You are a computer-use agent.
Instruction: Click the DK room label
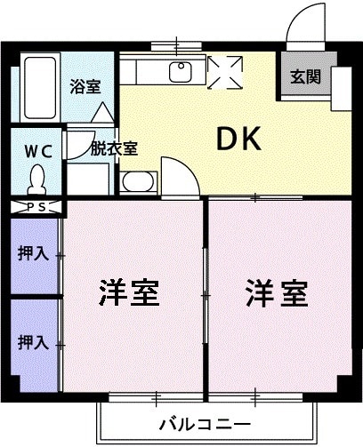238,139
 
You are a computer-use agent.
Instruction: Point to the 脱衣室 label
113,148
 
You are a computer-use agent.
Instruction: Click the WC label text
37,150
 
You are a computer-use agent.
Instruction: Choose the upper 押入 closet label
33,254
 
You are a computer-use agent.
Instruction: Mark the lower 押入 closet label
33,340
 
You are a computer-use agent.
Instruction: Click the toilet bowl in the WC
37,181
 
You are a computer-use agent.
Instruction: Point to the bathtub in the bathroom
39,88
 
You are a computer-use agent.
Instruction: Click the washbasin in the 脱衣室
137,183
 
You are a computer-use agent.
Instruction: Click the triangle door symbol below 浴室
101,113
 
